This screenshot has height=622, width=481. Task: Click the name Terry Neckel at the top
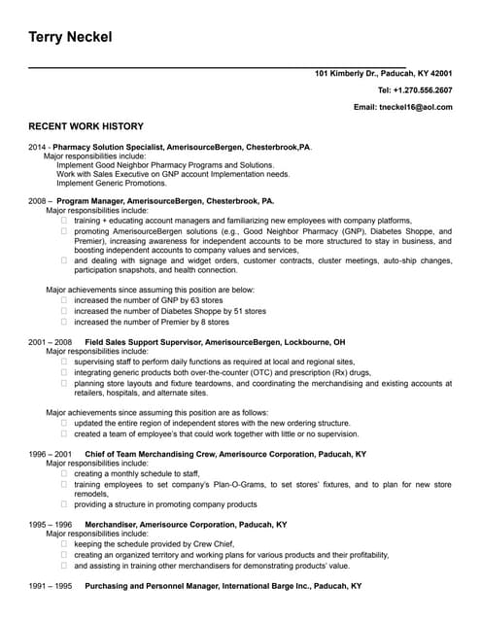coord(70,37)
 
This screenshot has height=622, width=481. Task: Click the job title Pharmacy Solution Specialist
coord(108,146)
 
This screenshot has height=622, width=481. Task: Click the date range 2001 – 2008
coord(51,343)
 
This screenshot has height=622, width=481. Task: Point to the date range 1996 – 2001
coord(51,454)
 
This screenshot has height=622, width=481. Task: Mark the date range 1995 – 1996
coord(51,524)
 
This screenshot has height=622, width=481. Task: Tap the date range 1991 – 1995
coord(51,586)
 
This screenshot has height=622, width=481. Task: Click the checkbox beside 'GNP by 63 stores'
coord(64,301)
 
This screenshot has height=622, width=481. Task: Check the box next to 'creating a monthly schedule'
coord(64,473)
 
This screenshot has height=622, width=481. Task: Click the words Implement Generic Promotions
coord(111,183)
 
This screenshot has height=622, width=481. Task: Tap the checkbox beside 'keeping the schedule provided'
coord(64,543)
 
